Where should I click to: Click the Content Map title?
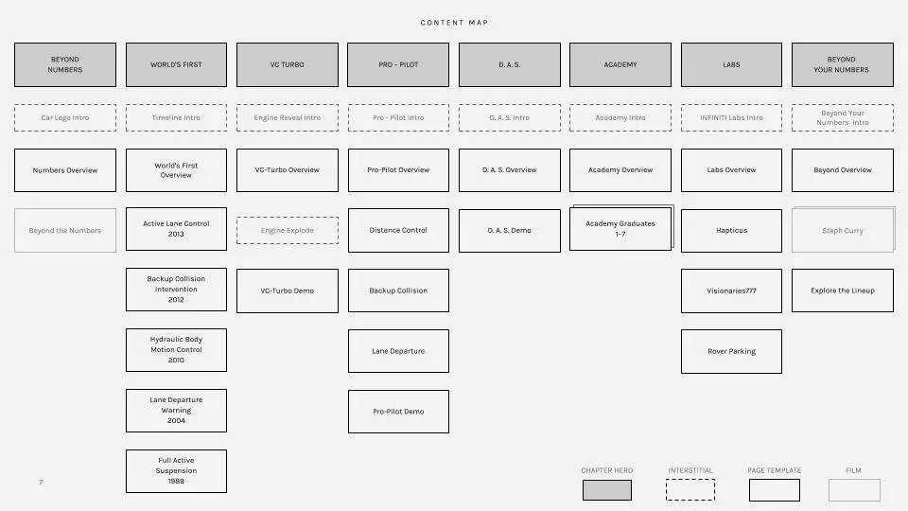(454, 23)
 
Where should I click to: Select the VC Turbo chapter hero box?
(287, 64)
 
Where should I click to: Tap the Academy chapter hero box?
(620, 64)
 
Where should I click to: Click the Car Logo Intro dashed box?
(65, 117)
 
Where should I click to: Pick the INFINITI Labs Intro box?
(731, 117)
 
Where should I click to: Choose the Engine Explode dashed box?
(287, 230)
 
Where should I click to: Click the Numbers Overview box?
(65, 170)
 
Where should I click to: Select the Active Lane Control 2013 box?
(176, 229)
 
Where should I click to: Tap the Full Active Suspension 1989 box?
(176, 470)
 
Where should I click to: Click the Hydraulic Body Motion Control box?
(176, 350)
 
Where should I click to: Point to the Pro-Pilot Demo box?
(398, 412)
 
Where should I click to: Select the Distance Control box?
(398, 230)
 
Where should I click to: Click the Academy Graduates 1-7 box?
(620, 229)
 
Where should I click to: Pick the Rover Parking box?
(731, 351)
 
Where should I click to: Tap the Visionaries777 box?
(731, 291)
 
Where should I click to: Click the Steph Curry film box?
(843, 230)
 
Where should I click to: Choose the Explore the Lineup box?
(843, 291)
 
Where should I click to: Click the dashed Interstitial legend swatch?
(690, 489)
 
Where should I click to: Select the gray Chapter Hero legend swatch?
(607, 489)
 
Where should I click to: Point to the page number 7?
(41, 483)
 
